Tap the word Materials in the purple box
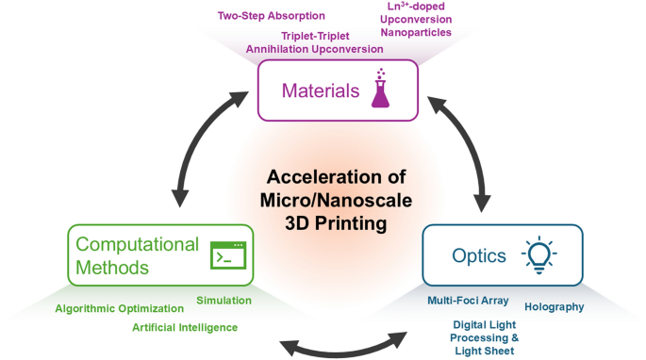pyautogui.click(x=321, y=91)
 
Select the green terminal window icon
pyautogui.click(x=226, y=255)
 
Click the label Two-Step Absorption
pyautogui.click(x=272, y=16)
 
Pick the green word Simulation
pyautogui.click(x=224, y=300)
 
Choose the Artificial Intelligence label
pyautogui.click(x=185, y=327)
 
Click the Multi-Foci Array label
pyautogui.click(x=468, y=301)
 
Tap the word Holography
pyautogui.click(x=554, y=306)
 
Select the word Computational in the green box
pyautogui.click(x=138, y=245)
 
